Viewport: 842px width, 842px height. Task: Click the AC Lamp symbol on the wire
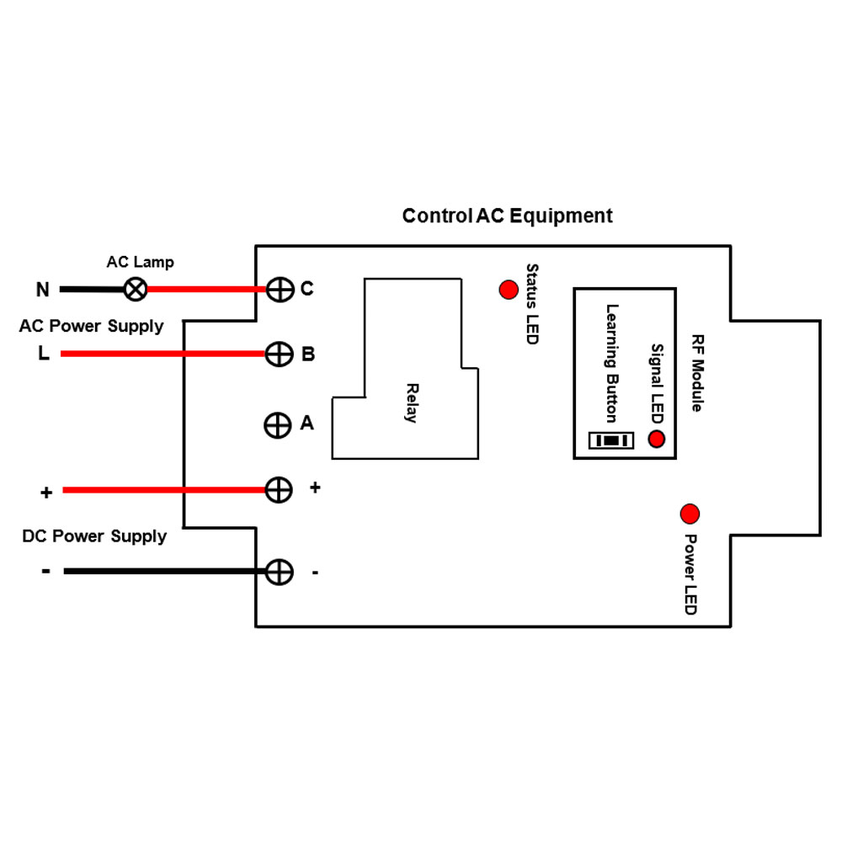(x=135, y=289)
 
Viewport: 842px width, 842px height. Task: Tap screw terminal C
(x=279, y=289)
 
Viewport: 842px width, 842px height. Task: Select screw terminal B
(x=279, y=354)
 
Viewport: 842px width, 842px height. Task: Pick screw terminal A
(x=279, y=424)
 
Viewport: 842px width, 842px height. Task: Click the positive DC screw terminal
(x=279, y=489)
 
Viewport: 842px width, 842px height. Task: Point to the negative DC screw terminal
(x=279, y=572)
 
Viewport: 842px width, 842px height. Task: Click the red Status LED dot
(x=509, y=290)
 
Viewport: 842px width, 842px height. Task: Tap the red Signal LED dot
(x=656, y=439)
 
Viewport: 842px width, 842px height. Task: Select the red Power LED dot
(x=690, y=513)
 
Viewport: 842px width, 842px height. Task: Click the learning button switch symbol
(x=611, y=440)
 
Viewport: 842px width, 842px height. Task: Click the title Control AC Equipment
(x=507, y=216)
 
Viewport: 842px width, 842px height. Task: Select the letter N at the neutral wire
(x=43, y=290)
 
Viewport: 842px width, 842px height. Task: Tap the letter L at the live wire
(x=43, y=354)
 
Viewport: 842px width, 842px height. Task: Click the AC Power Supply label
(x=91, y=326)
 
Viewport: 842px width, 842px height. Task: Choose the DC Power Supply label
(x=94, y=536)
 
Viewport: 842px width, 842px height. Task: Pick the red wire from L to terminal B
(x=160, y=354)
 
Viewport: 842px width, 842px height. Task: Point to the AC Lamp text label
(x=140, y=262)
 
